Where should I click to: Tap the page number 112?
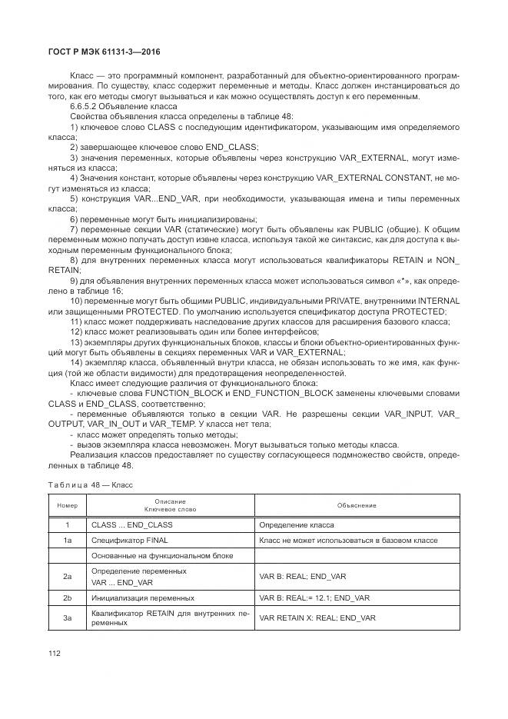pos(55,653)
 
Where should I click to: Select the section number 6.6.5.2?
pos(85,105)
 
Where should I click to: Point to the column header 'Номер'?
pos(68,506)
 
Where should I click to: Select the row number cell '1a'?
pos(68,541)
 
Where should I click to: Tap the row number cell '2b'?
pos(68,598)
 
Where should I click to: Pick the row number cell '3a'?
pos(68,617)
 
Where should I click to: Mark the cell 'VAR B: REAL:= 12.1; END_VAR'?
pos(315,598)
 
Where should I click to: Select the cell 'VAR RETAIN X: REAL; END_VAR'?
pos(317,617)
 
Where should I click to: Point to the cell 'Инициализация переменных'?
pos(142,598)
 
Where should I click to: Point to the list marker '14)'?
pos(77,362)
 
